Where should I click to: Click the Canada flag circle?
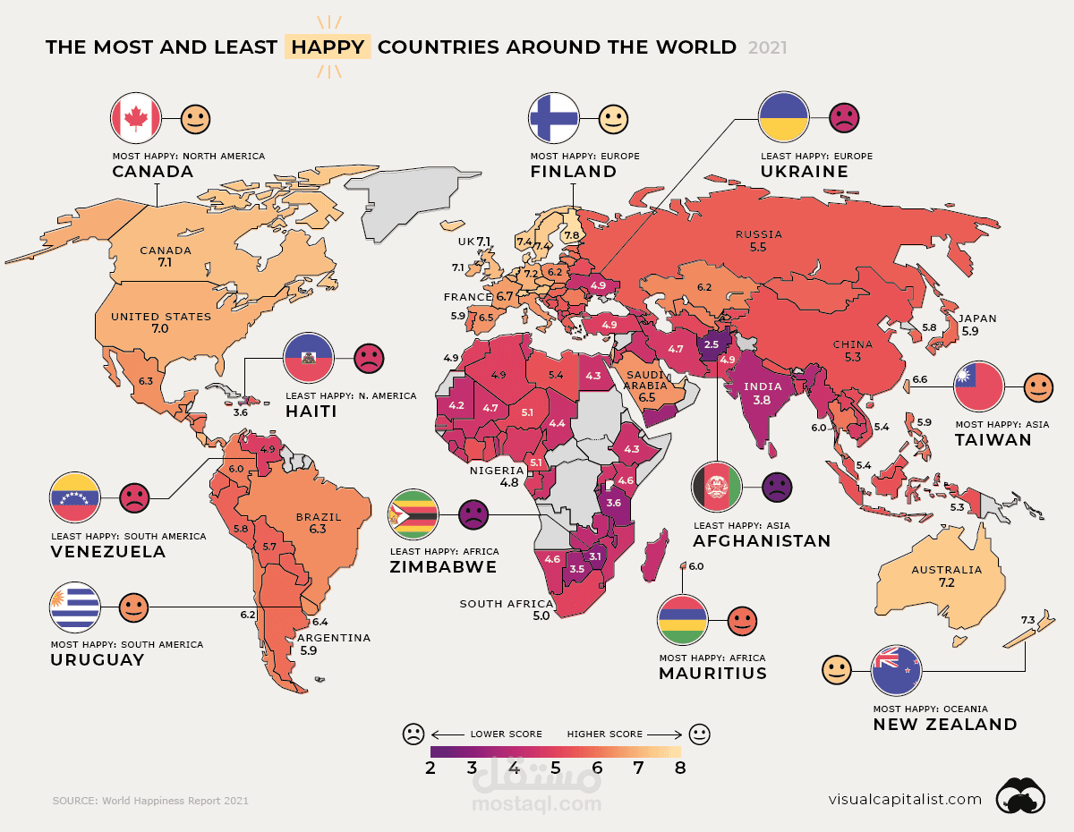tap(135, 118)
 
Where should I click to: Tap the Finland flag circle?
tap(555, 118)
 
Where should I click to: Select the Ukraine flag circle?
tap(784, 118)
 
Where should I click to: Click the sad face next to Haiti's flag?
tap(368, 359)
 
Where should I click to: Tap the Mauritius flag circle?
tap(683, 619)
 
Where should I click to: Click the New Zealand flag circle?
tap(897, 669)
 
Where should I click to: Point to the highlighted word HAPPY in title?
tap(327, 47)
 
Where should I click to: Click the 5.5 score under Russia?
tap(758, 247)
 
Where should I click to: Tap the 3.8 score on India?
tap(762, 401)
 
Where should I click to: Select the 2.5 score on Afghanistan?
tap(712, 344)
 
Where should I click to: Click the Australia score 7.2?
tap(946, 582)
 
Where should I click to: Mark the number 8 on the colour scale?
tap(680, 768)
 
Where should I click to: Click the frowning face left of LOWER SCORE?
tap(413, 734)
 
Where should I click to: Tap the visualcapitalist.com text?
tap(905, 799)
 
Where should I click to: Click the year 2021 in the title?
tap(767, 48)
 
